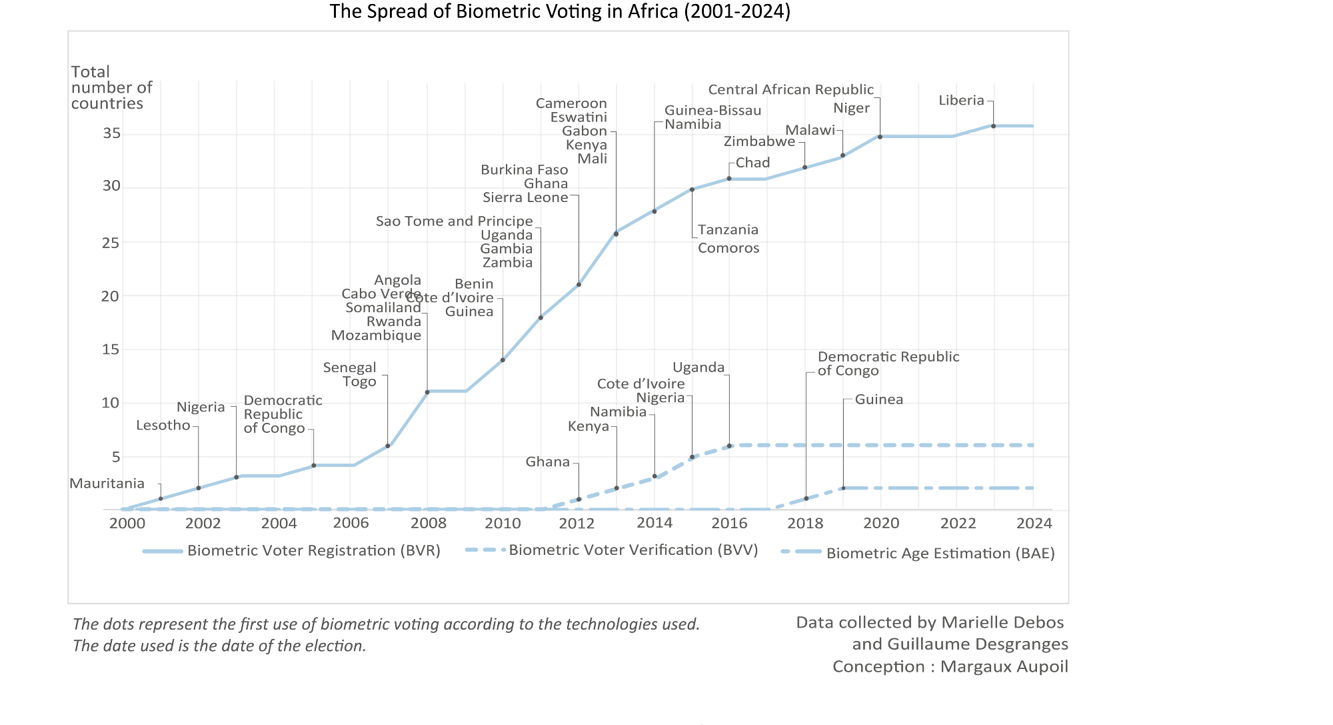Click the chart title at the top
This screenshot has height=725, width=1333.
560,11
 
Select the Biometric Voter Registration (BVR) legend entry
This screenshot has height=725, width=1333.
313,551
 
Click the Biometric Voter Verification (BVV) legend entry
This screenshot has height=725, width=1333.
633,550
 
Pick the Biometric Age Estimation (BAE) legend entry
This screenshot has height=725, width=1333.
940,554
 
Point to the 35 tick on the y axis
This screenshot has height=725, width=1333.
111,133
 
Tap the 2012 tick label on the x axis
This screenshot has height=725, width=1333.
577,524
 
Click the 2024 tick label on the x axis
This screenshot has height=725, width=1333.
1034,524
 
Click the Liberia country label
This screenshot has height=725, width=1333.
961,101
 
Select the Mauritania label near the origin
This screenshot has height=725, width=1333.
107,484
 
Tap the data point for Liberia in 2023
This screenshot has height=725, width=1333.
993,126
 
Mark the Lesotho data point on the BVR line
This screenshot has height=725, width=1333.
199,488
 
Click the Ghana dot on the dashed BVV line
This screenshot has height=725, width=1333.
579,499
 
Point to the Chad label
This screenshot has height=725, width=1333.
752,163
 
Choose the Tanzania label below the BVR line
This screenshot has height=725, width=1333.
728,230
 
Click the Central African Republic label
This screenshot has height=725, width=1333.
790,89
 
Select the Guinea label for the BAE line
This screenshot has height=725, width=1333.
878,400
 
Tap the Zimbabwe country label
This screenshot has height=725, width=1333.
759,141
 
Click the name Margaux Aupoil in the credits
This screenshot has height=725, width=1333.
1004,667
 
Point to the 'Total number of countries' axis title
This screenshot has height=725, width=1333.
111,87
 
